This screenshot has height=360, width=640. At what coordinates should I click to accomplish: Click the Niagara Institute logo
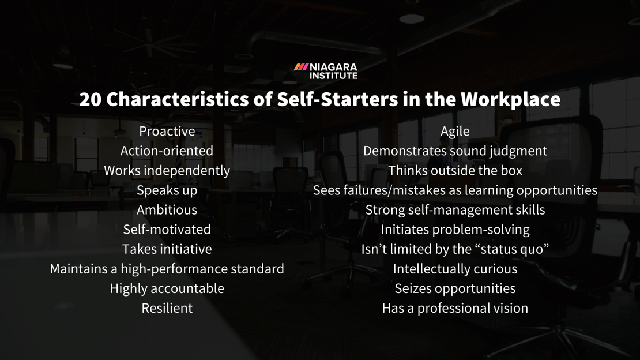click(326, 71)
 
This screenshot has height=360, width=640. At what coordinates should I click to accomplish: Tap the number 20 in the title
click(90, 99)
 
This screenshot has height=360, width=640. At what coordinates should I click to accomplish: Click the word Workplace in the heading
click(510, 99)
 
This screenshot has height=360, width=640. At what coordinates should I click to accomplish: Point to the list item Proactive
click(167, 132)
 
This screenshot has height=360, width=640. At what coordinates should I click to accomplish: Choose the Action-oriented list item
click(167, 151)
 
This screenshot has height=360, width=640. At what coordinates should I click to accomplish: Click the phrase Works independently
click(167, 171)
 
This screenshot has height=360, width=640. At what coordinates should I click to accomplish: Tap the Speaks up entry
click(167, 190)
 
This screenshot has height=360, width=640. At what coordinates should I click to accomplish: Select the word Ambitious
click(167, 210)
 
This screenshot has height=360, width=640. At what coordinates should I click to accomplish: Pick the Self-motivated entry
click(167, 230)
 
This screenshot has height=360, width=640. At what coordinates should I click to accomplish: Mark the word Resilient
click(167, 308)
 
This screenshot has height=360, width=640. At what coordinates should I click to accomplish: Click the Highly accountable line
click(167, 288)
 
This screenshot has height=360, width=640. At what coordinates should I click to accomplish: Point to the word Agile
click(455, 132)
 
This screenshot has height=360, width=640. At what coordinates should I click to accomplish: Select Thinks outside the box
click(455, 171)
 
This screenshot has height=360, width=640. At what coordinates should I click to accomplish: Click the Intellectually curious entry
click(455, 269)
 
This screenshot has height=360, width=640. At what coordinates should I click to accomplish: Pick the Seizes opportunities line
click(455, 288)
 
